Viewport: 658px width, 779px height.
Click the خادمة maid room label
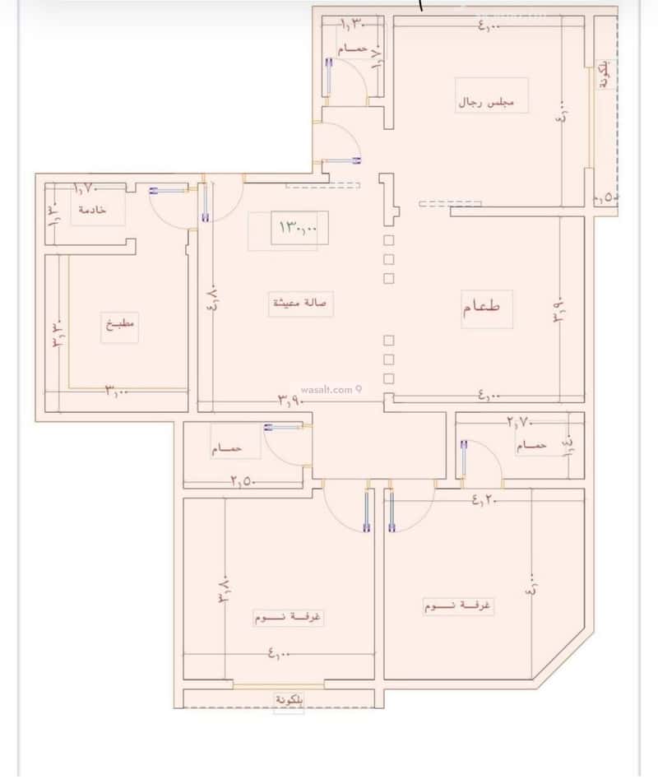(92, 210)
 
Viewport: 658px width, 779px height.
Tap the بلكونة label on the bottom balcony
(289, 700)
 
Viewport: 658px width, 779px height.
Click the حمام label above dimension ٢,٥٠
(226, 449)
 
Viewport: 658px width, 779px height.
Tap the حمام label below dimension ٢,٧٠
(531, 446)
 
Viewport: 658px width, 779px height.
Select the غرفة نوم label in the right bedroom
(458, 606)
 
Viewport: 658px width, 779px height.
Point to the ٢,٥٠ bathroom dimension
(241, 481)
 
